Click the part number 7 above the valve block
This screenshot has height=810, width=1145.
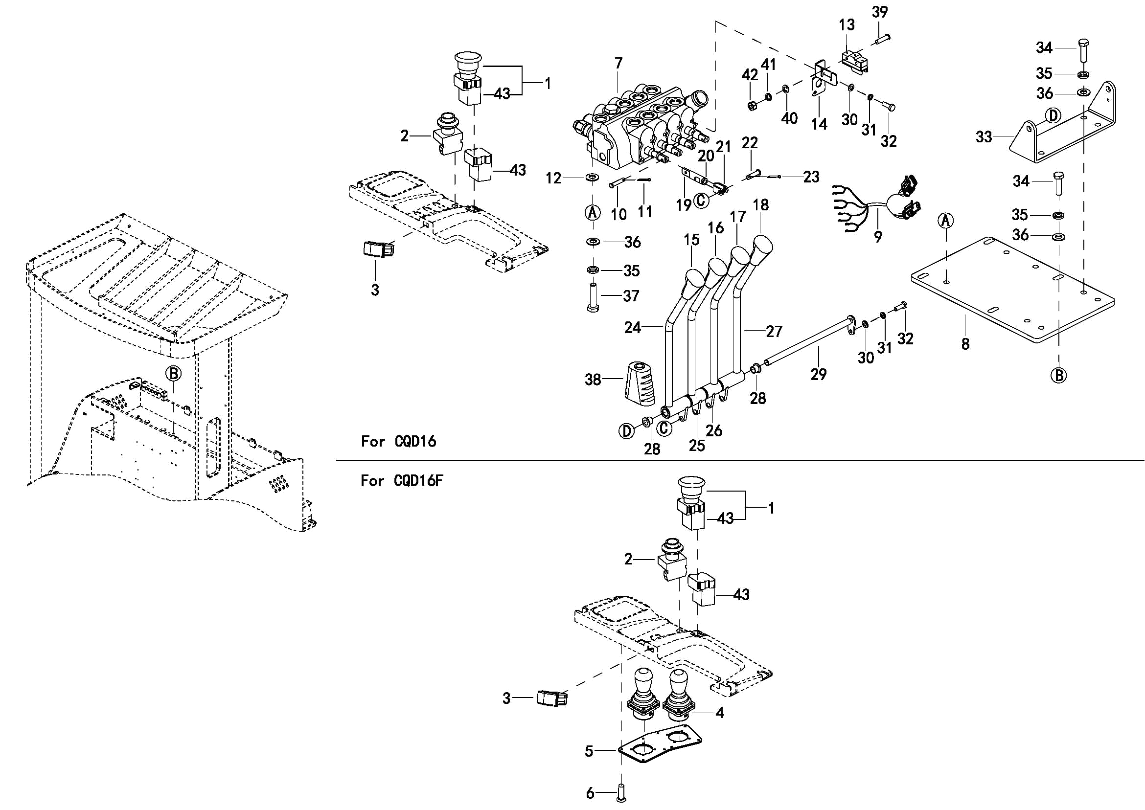point(618,64)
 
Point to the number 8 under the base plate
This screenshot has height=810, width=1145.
point(965,344)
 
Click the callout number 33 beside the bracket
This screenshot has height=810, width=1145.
point(984,136)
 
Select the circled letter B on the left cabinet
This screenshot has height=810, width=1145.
point(173,373)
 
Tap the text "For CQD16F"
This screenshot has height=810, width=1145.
point(402,480)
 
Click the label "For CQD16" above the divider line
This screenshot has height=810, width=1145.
point(398,441)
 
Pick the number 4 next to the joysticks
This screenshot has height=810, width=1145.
point(719,713)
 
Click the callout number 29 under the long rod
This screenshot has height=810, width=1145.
point(819,374)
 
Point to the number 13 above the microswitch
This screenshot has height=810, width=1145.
point(847,24)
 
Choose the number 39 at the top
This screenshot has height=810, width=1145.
point(880,12)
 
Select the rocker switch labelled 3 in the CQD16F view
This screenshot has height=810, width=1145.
point(552,698)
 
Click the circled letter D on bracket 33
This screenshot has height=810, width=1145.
point(1052,116)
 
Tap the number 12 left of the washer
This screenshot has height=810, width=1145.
point(553,178)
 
